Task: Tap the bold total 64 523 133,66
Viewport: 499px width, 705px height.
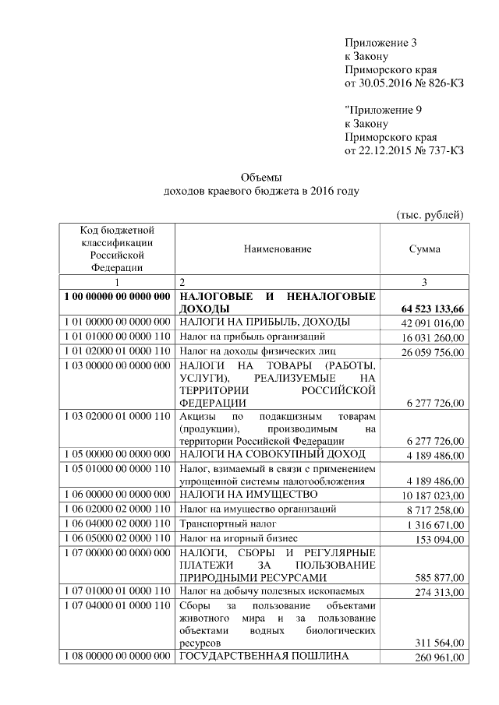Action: (x=427, y=310)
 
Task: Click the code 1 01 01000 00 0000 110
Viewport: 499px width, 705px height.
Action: (x=116, y=337)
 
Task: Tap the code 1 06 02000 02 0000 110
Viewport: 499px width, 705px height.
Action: (x=116, y=509)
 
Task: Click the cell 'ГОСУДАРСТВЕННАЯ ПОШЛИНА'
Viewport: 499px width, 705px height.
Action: (x=264, y=656)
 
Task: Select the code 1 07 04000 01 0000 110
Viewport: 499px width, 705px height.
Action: (x=116, y=605)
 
